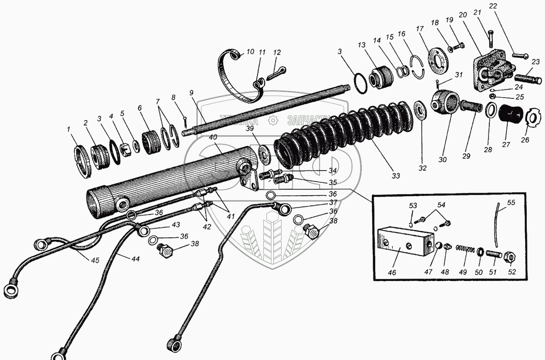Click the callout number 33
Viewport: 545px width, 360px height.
tap(396, 176)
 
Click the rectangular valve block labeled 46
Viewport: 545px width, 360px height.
tap(405, 242)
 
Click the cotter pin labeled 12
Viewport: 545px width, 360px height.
tap(275, 72)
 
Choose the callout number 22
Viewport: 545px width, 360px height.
tap(492, 6)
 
